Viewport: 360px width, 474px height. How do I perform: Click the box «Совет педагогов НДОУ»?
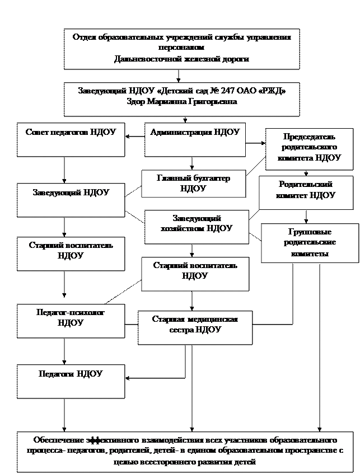tap(71, 140)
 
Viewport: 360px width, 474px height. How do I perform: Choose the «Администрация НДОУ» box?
tap(194, 140)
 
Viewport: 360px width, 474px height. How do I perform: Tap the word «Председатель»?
tap(309, 137)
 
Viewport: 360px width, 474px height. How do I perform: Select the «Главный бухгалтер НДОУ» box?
tap(194, 184)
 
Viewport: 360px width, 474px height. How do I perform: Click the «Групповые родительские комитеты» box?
tap(310, 243)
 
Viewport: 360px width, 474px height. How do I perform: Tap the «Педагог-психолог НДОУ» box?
tap(71, 321)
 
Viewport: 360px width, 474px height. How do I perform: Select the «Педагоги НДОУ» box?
tap(71, 381)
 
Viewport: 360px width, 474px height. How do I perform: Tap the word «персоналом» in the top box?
tap(181, 48)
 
